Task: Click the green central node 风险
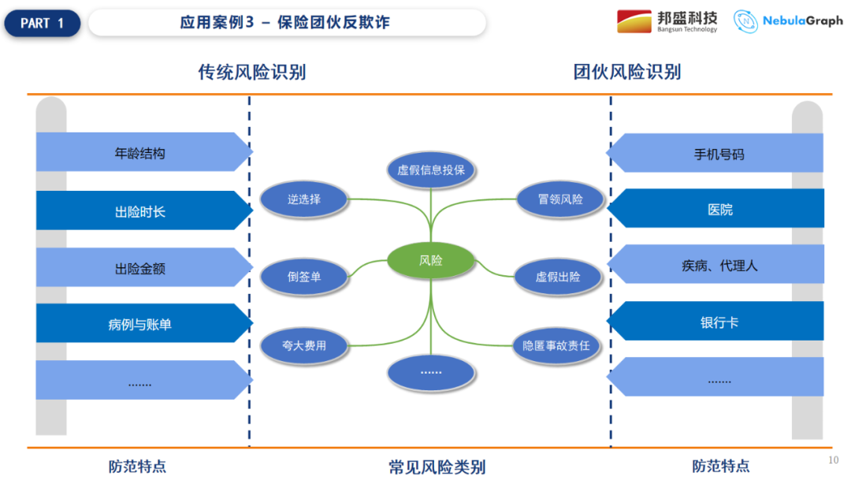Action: pyautogui.click(x=431, y=260)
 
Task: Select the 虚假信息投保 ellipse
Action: pyautogui.click(x=431, y=169)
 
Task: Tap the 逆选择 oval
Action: pyautogui.click(x=303, y=199)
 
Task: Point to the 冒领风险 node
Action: pyautogui.click(x=560, y=199)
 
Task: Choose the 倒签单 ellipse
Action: pyautogui.click(x=303, y=277)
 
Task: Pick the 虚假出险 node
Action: pyautogui.click(x=558, y=277)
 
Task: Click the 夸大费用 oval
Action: pyautogui.click(x=303, y=345)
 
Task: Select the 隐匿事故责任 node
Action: pyautogui.click(x=556, y=345)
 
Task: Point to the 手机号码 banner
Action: pyautogui.click(x=717, y=154)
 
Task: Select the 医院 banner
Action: pyautogui.click(x=717, y=209)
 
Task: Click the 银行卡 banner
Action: pyautogui.click(x=717, y=322)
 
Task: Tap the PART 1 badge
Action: pyautogui.click(x=43, y=23)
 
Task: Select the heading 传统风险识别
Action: pyautogui.click(x=252, y=73)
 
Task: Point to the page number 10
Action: pyautogui.click(x=834, y=460)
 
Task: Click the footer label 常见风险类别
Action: pyautogui.click(x=437, y=467)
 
